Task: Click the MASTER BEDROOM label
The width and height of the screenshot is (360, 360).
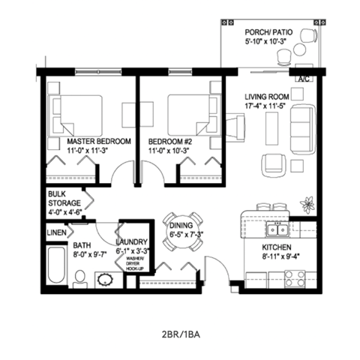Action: click(x=99, y=141)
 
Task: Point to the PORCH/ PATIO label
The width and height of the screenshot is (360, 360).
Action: click(x=269, y=34)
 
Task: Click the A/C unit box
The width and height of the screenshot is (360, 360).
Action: click(x=304, y=78)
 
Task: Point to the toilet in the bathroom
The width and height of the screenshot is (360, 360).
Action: click(x=80, y=280)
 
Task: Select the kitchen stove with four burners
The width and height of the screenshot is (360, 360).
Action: click(x=295, y=278)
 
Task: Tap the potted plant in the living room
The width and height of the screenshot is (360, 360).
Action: click(x=307, y=203)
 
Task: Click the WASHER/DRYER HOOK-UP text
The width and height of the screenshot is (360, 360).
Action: click(x=133, y=263)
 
